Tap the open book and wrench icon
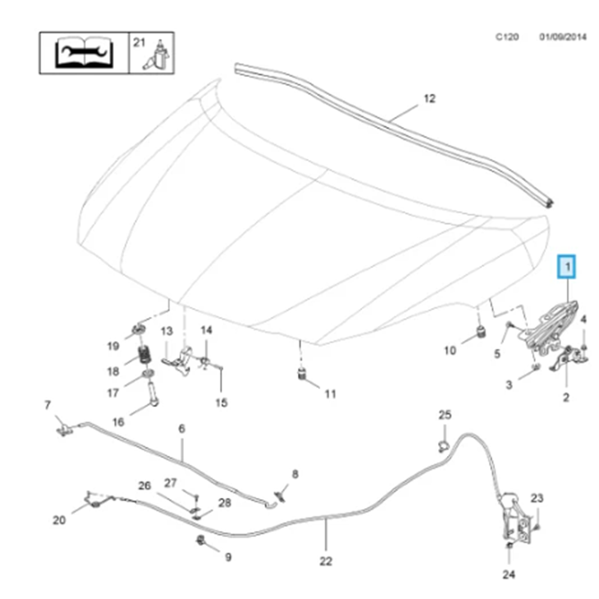[x=84, y=53]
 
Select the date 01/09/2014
[x=562, y=37]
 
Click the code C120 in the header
[x=507, y=37]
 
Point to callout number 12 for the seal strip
[x=429, y=98]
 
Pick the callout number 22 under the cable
[x=325, y=561]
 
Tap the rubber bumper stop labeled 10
[x=480, y=332]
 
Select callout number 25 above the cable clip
[x=444, y=415]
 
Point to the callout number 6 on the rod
[x=182, y=429]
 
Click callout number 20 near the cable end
[x=59, y=520]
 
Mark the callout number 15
[x=221, y=403]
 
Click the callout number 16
[x=118, y=422]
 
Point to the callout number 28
[x=224, y=503]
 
